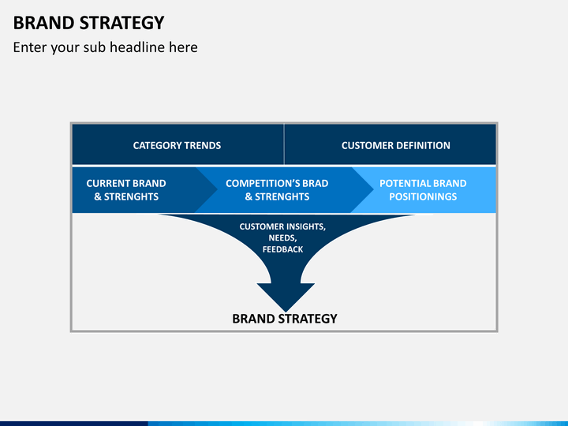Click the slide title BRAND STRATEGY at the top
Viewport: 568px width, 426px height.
click(x=88, y=23)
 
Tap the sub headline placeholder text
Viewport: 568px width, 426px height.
click(x=106, y=47)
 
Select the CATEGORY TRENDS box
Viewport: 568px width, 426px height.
click(x=177, y=144)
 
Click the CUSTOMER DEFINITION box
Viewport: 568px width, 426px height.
click(x=390, y=144)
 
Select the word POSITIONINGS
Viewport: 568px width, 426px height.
click(x=423, y=196)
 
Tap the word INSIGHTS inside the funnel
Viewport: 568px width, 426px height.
click(x=304, y=226)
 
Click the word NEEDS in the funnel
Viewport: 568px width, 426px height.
click(x=282, y=238)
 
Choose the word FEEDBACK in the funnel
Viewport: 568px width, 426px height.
click(x=282, y=249)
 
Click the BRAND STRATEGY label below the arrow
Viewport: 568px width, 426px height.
click(x=285, y=319)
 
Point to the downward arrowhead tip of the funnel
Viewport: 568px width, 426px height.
click(x=286, y=312)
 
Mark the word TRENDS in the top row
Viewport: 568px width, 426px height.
click(x=203, y=146)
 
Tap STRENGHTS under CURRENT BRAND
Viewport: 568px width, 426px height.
click(x=131, y=196)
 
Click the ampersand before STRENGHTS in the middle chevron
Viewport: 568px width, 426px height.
click(x=248, y=196)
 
